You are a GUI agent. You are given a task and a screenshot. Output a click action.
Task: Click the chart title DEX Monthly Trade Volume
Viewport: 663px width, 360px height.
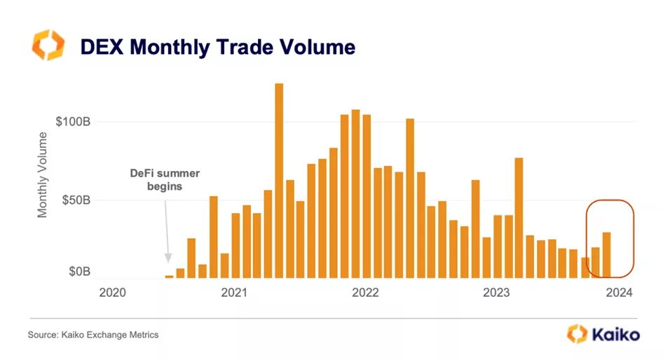tap(217, 47)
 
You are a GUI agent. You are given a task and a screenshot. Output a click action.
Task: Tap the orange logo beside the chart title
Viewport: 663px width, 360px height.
tap(48, 46)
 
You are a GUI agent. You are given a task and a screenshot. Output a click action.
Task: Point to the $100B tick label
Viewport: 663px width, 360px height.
tap(74, 121)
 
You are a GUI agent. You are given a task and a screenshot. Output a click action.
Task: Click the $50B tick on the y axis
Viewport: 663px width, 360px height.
tap(76, 200)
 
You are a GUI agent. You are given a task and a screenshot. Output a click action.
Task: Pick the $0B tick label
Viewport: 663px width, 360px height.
tap(78, 271)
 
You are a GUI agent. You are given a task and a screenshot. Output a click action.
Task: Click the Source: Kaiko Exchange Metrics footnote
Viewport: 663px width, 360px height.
tap(93, 335)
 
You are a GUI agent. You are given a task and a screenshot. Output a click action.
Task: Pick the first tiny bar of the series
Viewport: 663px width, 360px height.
tap(169, 276)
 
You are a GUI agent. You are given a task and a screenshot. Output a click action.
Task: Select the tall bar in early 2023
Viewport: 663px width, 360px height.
tap(519, 217)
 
